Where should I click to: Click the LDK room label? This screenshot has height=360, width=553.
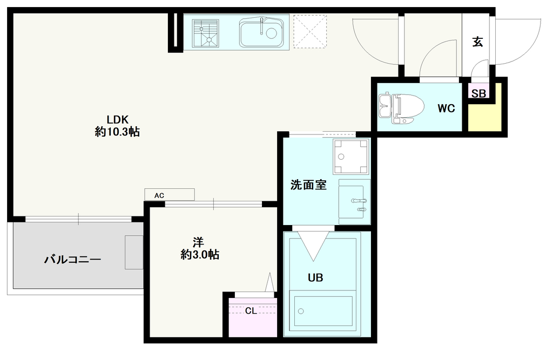pyautogui.click(x=117, y=119)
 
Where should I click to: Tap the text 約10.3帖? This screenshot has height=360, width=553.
pyautogui.click(x=117, y=132)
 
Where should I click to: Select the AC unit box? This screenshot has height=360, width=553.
pyautogui.click(x=169, y=195)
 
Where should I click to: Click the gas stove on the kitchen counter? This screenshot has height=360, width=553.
pyautogui.click(x=206, y=33)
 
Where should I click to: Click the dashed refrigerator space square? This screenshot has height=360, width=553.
pyautogui.click(x=310, y=31)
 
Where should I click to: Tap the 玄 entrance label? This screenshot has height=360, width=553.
pyautogui.click(x=477, y=42)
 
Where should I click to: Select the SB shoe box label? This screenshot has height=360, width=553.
pyautogui.click(x=478, y=93)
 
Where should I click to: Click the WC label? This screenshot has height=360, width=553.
pyautogui.click(x=446, y=108)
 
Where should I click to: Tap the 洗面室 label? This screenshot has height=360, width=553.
pyautogui.click(x=308, y=185)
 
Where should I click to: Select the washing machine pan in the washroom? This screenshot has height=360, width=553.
pyautogui.click(x=351, y=156)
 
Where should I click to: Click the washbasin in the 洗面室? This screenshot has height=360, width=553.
pyautogui.click(x=354, y=202)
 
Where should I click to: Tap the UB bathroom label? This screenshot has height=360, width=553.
pyautogui.click(x=315, y=278)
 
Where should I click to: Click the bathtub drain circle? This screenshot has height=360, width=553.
pyautogui.click(x=301, y=311)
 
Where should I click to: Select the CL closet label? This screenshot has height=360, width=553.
pyautogui.click(x=251, y=311)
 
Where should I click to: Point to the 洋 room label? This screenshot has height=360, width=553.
pyautogui.click(x=198, y=242)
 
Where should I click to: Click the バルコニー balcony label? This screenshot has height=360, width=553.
pyautogui.click(x=73, y=260)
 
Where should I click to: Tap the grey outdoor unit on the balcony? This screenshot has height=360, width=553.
pyautogui.click(x=134, y=253)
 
